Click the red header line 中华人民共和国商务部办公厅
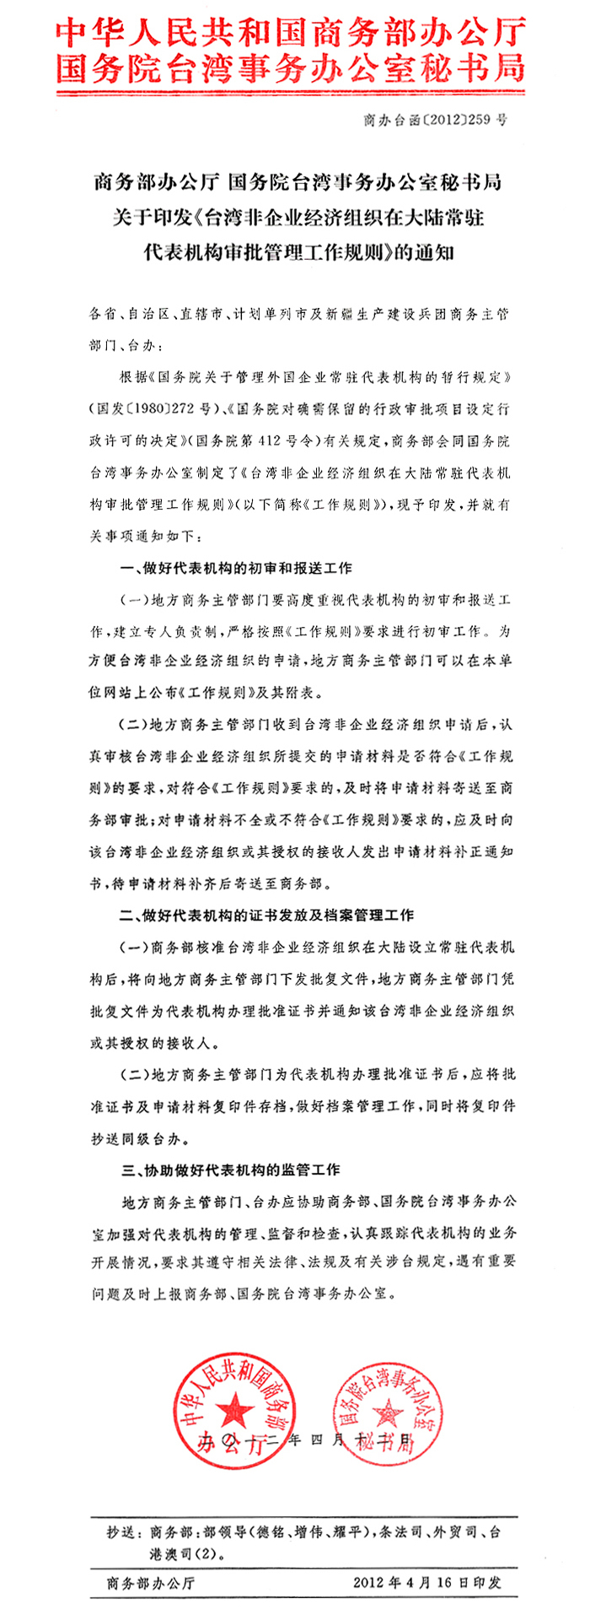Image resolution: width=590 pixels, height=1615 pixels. point(292,35)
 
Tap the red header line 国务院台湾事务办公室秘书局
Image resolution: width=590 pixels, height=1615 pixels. point(292,68)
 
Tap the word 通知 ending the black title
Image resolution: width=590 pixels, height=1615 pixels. point(434,252)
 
